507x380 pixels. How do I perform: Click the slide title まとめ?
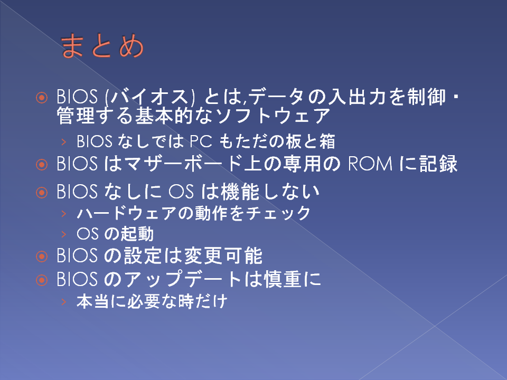tap(102, 46)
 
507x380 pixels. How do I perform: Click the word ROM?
tap(370, 164)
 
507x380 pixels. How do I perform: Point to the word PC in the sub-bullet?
tap(201, 141)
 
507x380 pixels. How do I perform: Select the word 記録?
tap(438, 164)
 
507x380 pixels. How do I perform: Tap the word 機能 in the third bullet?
tap(240, 192)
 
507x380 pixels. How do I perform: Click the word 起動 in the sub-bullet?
tap(137, 234)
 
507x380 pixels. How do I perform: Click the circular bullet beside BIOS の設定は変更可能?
tap(42, 256)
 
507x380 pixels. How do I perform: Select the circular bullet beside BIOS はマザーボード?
tap(42, 165)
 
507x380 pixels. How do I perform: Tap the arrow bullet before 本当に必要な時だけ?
tap(64, 302)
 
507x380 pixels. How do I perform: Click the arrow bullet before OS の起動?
tap(64, 234)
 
